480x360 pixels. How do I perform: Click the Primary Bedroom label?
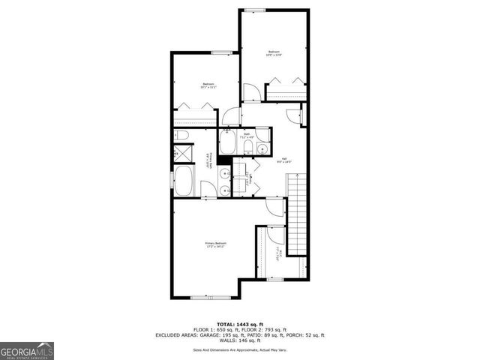coord(215,244)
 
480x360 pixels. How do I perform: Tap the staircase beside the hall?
coord(298,214)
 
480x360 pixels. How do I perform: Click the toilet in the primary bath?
coord(180,136)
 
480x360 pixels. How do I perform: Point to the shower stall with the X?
coord(180,154)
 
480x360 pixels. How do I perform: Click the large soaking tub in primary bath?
coord(184,181)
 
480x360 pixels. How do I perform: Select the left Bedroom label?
coord(208,85)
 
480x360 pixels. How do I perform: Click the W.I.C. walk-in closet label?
coord(278,253)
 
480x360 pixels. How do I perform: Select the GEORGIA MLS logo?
coord(27,350)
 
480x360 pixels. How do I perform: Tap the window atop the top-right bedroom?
coord(254,10)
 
